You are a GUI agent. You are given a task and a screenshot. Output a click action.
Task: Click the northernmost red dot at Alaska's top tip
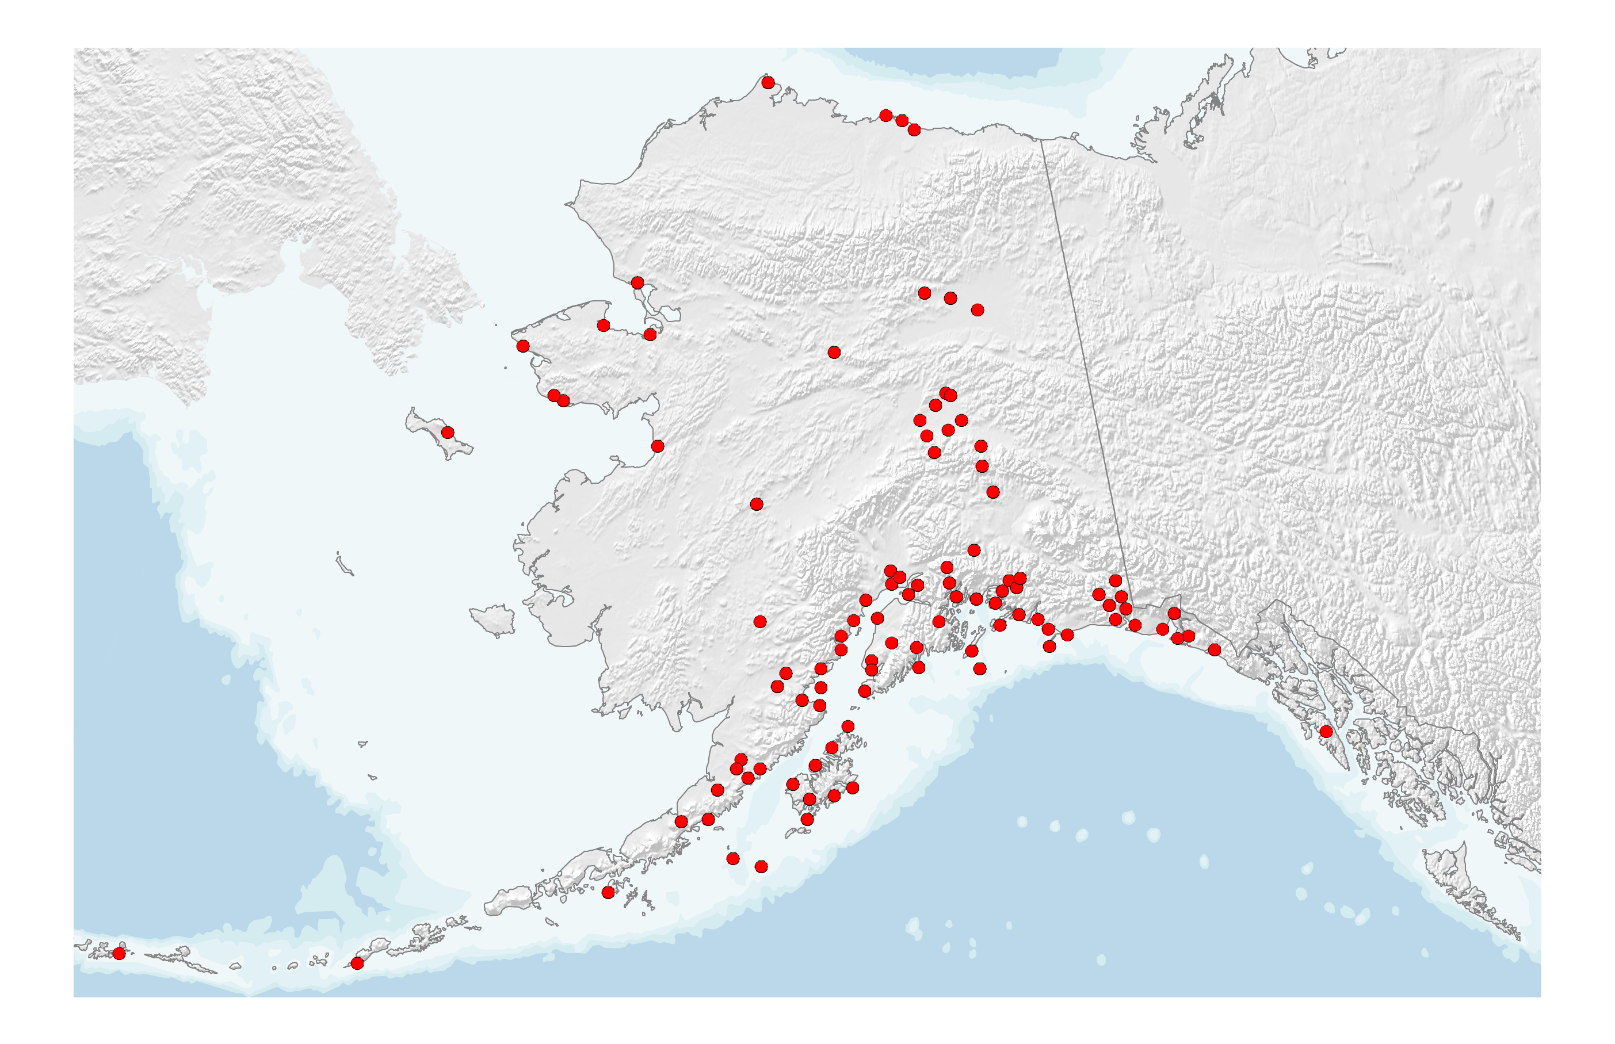tap(768, 83)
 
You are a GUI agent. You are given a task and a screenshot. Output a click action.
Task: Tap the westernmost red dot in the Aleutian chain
tap(119, 953)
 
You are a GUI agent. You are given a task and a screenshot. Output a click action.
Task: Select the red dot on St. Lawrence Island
tap(448, 433)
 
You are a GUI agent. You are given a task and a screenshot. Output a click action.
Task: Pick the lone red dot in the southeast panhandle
tap(1326, 732)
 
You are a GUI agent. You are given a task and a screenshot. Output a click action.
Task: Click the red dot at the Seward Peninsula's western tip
tap(523, 346)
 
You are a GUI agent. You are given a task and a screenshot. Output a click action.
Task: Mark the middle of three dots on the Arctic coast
tap(902, 121)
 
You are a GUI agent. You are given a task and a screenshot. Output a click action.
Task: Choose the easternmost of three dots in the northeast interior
tap(977, 310)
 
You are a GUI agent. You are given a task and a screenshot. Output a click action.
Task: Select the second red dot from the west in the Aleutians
tap(357, 963)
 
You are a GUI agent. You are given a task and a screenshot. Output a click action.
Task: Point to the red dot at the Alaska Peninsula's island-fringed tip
tap(608, 893)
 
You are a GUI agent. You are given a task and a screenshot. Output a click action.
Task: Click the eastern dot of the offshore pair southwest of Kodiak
tap(761, 867)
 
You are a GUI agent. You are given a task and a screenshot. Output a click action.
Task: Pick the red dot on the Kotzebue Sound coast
tap(637, 282)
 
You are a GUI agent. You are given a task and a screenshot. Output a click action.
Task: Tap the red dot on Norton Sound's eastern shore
tap(657, 446)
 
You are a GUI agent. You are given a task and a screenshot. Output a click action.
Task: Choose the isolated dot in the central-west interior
tap(757, 504)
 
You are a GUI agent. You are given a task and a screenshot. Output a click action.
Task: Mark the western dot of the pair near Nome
tap(554, 396)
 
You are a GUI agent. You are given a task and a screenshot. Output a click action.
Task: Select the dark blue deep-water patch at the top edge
tap(949, 60)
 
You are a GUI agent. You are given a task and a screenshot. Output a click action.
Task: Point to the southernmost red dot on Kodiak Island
tap(807, 820)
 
